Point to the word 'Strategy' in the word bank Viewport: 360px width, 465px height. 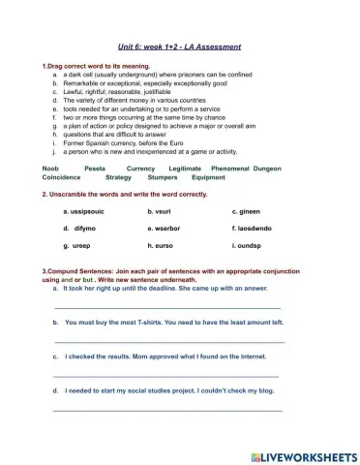pyautogui.click(x=117, y=177)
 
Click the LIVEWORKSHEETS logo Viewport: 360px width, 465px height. pyautogui.click(x=303, y=454)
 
